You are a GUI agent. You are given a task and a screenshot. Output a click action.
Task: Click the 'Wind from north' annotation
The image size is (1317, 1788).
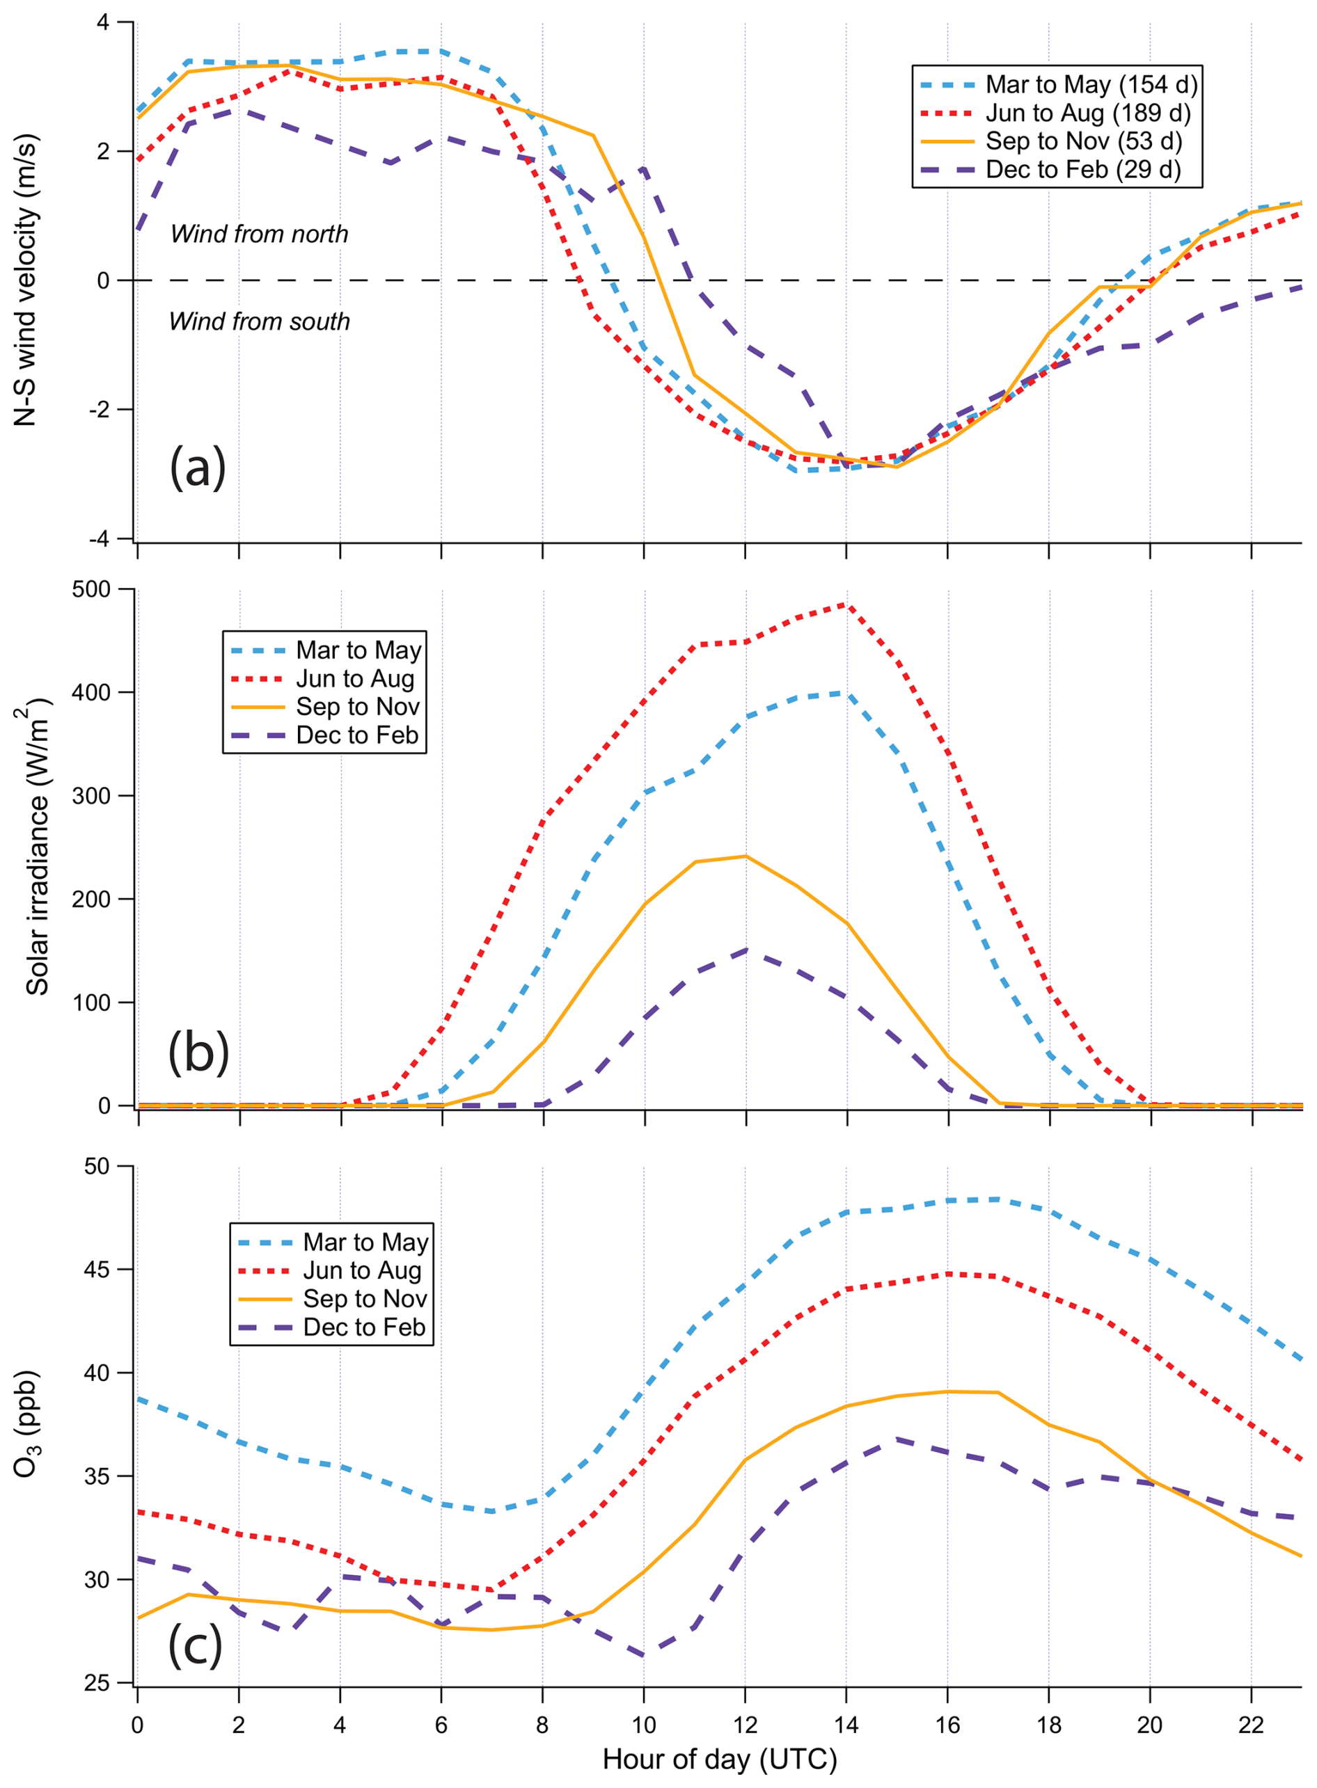(x=259, y=234)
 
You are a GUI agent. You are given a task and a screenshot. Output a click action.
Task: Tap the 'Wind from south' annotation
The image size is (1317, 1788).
(x=259, y=321)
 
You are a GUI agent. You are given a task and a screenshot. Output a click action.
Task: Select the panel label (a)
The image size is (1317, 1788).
(x=198, y=467)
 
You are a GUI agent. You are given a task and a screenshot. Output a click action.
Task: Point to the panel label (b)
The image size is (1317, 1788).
(x=198, y=1052)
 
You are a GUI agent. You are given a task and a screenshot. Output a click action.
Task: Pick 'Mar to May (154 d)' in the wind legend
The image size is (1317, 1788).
(x=1091, y=84)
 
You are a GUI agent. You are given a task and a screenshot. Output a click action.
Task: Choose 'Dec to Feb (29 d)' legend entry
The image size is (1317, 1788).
(x=1083, y=170)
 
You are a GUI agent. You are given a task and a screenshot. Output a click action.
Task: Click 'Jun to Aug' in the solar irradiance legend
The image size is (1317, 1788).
(x=356, y=678)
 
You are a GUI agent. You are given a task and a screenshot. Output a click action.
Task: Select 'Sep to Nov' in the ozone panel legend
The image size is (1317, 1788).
(x=365, y=1299)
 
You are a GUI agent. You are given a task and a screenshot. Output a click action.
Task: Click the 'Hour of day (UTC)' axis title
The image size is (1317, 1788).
(x=720, y=1759)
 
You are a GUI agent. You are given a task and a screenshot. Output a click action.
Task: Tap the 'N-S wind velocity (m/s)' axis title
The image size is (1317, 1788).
(x=26, y=280)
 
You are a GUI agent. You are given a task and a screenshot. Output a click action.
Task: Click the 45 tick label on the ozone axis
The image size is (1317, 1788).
(x=97, y=1269)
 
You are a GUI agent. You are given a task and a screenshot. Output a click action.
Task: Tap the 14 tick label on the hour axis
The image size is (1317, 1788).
(x=846, y=1725)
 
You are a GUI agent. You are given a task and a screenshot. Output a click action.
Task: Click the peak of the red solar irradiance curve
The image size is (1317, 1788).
(x=846, y=604)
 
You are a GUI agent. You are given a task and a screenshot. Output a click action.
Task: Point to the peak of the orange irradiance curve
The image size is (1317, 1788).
(x=746, y=856)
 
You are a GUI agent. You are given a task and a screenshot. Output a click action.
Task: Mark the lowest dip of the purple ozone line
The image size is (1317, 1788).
(x=643, y=1657)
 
